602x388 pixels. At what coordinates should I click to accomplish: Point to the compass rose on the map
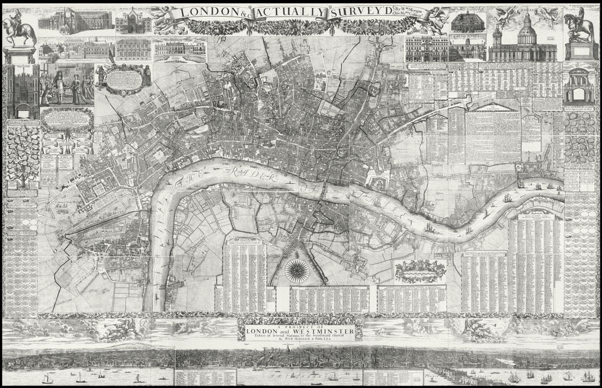297,271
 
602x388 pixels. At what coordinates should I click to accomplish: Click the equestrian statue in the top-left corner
20,30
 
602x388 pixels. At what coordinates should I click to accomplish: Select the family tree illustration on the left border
22,156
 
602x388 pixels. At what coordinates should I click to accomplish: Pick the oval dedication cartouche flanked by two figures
123,78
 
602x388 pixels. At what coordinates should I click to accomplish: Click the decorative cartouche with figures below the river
420,271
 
